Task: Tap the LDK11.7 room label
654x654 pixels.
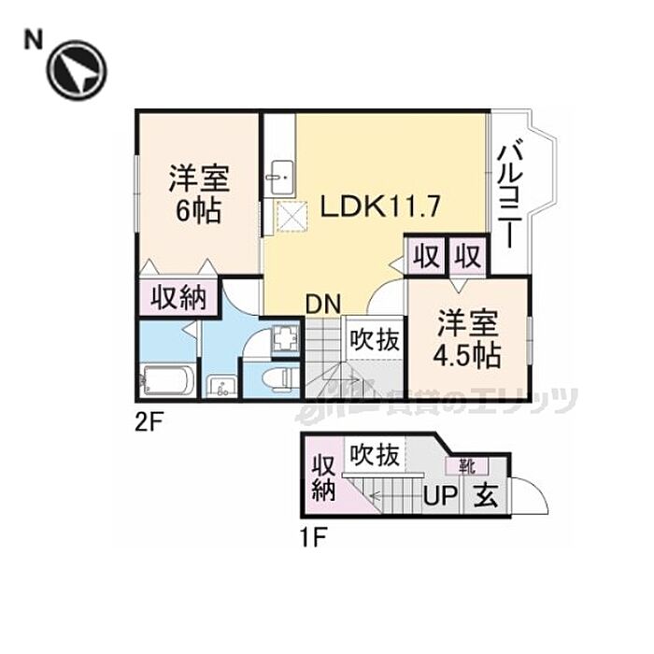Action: (374, 206)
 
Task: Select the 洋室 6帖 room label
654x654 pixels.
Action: (199, 193)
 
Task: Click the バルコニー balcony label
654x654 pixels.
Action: (510, 193)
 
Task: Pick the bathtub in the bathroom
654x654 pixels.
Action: (168, 382)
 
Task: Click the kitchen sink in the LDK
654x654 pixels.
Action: (280, 178)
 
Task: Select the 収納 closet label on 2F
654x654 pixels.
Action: (178, 298)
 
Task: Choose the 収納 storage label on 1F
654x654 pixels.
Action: (323, 476)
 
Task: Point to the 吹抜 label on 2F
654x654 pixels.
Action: (375, 340)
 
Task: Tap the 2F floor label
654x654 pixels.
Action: (149, 421)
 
